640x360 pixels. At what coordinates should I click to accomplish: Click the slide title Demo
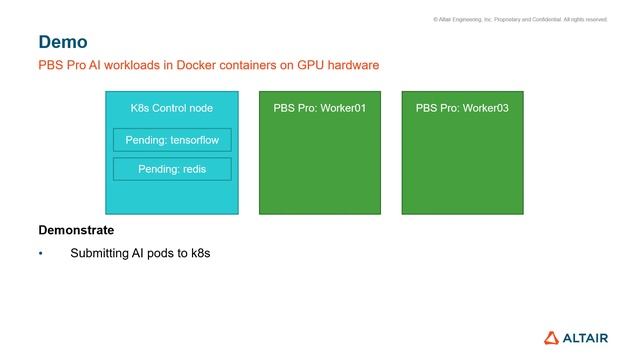click(x=63, y=42)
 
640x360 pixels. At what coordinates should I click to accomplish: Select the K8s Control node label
click(x=172, y=108)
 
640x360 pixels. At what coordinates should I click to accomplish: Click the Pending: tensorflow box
click(x=172, y=140)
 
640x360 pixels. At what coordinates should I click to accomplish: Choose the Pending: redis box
click(x=172, y=169)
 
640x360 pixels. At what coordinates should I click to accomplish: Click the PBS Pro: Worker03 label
click(x=462, y=108)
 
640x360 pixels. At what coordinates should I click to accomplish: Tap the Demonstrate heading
click(x=76, y=230)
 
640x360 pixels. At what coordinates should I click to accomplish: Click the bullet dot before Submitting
click(x=41, y=254)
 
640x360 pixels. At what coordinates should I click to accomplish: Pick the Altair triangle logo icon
click(x=554, y=337)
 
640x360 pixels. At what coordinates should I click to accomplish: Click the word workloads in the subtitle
click(x=124, y=66)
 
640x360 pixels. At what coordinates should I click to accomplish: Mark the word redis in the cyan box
click(x=193, y=169)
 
